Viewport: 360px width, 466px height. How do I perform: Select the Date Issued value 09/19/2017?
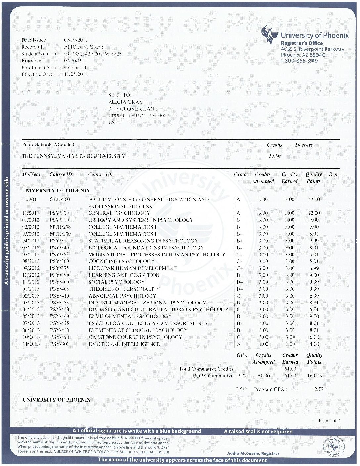75,40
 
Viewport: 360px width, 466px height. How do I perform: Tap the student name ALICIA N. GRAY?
84,47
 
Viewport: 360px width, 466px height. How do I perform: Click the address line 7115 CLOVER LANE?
133,109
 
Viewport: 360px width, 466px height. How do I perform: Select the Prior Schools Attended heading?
48,145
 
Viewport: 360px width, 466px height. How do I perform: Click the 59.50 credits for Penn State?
275,156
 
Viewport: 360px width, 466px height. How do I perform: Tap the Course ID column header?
61,174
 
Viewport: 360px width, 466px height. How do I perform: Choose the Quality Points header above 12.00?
313,178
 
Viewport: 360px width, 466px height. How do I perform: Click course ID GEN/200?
60,199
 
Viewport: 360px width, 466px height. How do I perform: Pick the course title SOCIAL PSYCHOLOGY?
116,282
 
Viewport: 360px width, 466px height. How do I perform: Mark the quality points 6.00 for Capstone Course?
314,337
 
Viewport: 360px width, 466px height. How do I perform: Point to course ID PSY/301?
60,344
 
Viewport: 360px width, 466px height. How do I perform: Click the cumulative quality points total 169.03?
314,376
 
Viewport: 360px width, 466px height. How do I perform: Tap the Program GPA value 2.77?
318,389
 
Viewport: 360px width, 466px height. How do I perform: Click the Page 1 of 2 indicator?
329,421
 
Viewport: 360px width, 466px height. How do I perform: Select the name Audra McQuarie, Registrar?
253,453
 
